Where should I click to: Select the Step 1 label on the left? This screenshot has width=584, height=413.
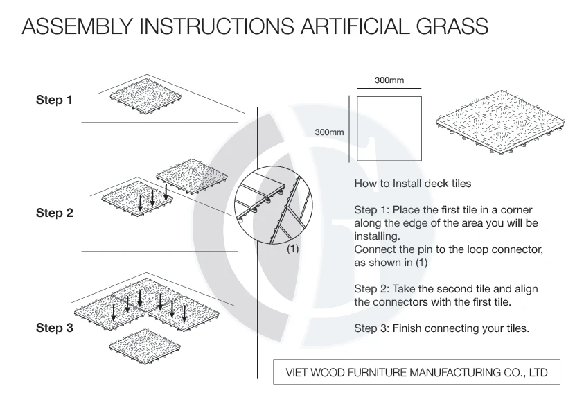click(x=54, y=100)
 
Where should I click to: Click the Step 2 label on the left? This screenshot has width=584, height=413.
click(x=54, y=213)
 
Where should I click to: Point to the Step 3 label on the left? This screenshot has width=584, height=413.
click(x=54, y=328)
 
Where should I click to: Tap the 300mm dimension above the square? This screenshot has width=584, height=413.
click(x=389, y=80)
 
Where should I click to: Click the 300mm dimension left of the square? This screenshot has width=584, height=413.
click(x=328, y=131)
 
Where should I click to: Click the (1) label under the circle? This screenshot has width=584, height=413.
click(x=292, y=249)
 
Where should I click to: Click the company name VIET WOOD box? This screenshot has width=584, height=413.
click(x=416, y=372)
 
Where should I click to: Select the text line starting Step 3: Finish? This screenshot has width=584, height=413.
click(x=441, y=328)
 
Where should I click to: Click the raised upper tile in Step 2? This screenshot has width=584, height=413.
click(x=192, y=175)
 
